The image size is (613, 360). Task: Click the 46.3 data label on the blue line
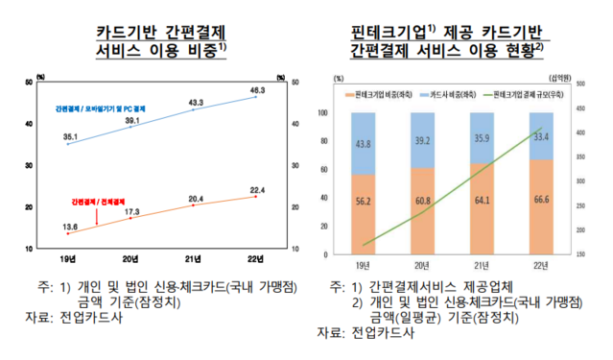coord(256,89)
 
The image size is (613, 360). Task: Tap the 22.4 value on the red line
coord(255,188)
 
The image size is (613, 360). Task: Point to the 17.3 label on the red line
coord(132,210)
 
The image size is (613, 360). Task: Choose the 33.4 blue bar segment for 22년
coord(539,136)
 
